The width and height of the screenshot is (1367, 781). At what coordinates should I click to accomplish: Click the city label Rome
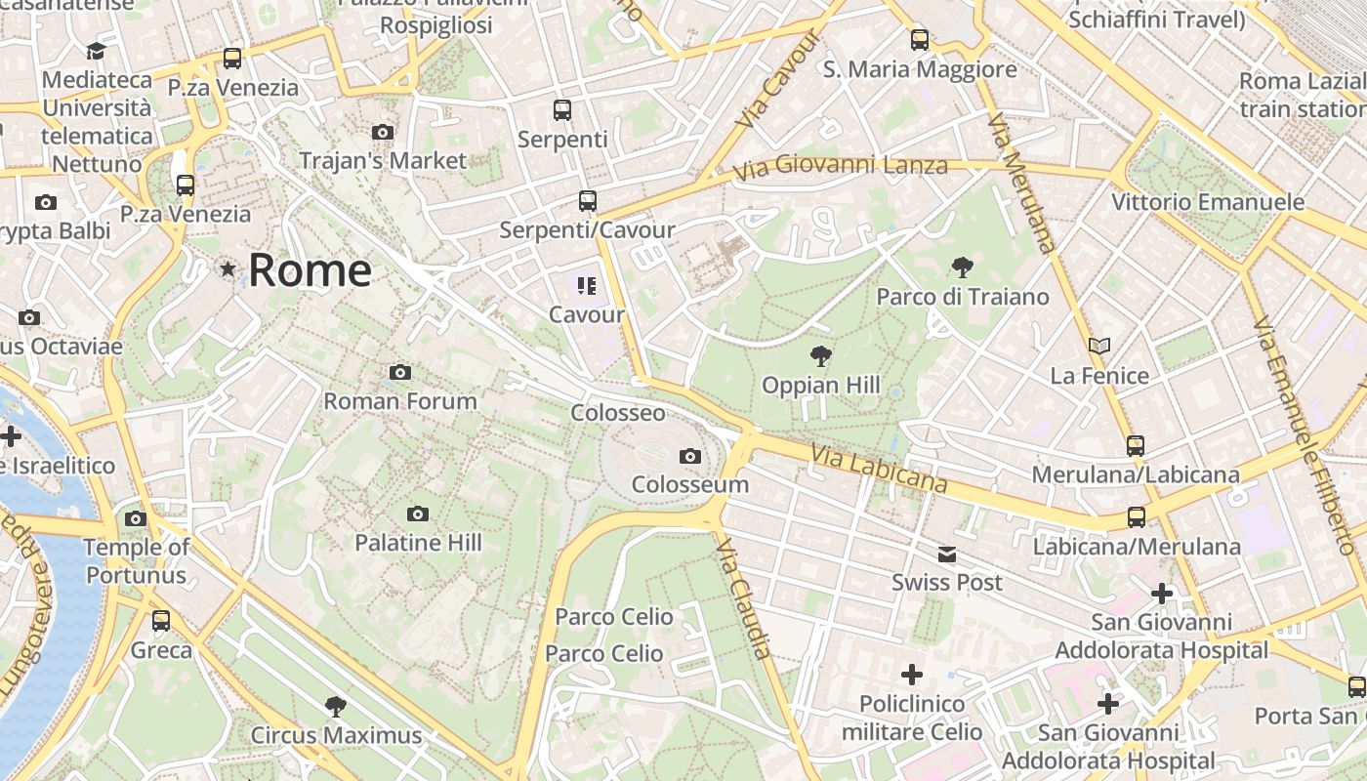click(310, 270)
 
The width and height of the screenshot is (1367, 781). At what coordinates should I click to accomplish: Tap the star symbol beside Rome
click(228, 268)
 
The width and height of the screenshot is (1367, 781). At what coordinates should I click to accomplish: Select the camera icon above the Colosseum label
click(690, 456)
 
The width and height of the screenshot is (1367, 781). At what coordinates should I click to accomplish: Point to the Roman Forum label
click(400, 400)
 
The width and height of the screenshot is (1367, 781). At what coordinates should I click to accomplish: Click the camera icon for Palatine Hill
click(418, 514)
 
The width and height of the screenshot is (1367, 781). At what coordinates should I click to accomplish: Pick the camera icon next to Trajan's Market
click(383, 132)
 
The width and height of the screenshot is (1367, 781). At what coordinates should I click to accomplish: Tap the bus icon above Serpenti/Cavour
click(587, 201)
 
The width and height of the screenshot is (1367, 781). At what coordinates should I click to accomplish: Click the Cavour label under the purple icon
click(587, 314)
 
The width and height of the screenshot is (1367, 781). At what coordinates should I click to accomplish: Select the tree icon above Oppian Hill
click(821, 356)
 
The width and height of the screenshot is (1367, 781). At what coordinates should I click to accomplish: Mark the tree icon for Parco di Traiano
click(963, 267)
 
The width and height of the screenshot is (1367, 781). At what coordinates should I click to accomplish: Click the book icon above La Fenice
click(1099, 347)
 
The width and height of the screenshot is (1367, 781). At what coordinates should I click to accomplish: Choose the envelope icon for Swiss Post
click(947, 555)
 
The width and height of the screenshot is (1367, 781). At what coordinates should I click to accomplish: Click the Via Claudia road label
click(744, 598)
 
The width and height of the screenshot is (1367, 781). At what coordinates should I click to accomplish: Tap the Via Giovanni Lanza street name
click(841, 166)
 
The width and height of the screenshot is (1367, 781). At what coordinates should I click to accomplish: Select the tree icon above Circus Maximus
click(336, 706)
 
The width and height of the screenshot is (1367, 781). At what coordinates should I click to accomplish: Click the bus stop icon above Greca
click(161, 620)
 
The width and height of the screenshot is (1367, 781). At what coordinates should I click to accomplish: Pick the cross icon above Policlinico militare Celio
click(912, 675)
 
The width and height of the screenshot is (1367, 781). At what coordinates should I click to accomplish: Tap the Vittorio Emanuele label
click(1208, 202)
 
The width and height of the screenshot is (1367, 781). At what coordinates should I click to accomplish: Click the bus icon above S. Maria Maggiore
click(920, 40)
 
